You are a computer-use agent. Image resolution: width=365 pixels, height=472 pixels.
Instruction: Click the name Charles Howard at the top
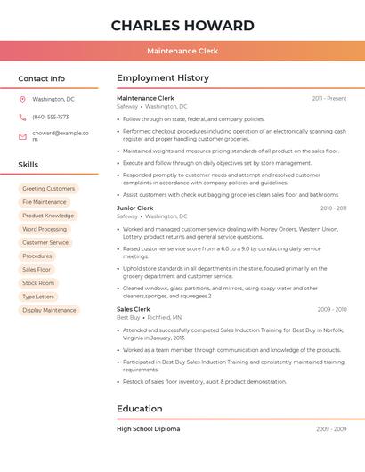(182, 26)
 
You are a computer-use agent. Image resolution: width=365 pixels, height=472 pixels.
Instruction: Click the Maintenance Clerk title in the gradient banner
(182, 52)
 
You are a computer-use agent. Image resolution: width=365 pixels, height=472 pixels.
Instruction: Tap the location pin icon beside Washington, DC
(22, 100)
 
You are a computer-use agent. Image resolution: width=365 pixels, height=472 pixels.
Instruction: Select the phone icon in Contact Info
(22, 118)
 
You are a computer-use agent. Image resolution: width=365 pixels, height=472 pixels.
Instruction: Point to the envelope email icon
(22, 136)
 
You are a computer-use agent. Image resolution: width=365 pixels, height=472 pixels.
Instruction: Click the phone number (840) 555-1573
(51, 118)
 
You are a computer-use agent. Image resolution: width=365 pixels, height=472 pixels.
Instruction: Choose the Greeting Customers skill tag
(48, 189)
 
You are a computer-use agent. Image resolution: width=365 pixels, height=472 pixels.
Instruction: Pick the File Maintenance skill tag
(44, 202)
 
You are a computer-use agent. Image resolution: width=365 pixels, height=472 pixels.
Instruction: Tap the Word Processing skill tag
(45, 229)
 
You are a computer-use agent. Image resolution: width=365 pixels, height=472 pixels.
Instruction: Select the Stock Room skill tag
(38, 283)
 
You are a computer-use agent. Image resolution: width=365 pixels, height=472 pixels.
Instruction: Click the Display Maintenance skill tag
(49, 310)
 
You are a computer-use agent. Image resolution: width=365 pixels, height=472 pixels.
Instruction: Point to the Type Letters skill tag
(38, 297)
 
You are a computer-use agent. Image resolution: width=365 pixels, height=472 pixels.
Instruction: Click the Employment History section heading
(162, 78)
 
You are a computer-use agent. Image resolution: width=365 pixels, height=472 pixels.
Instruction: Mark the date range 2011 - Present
(328, 98)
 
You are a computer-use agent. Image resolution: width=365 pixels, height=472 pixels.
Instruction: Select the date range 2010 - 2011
(333, 208)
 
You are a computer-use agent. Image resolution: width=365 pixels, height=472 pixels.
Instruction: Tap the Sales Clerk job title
(134, 309)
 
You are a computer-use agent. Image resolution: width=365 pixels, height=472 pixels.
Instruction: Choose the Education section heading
(139, 409)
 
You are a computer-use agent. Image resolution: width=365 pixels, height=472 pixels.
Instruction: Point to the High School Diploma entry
(148, 429)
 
